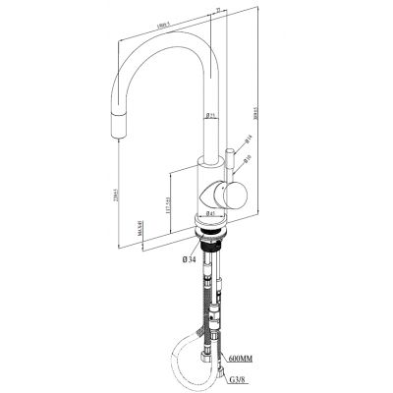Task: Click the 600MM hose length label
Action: [242, 359]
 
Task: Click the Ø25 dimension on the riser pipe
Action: [211, 116]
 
